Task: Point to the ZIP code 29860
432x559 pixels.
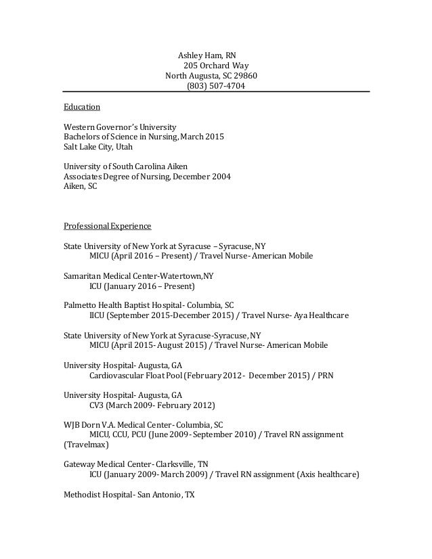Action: point(245,76)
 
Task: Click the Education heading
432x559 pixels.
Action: point(82,107)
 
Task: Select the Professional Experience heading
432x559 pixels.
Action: point(107,225)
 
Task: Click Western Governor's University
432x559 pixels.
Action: point(120,127)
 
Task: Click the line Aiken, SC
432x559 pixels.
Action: point(80,186)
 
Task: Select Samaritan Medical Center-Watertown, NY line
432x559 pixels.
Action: point(138,276)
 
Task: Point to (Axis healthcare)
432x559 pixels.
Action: point(328,474)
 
